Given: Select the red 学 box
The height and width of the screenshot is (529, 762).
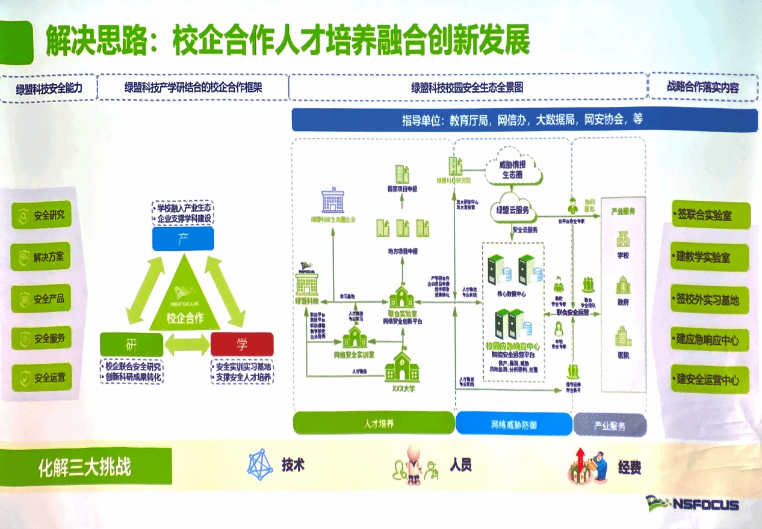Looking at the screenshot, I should (x=242, y=344).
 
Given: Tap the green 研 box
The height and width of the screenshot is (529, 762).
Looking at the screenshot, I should (x=131, y=344).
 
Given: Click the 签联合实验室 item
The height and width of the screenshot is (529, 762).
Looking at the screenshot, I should (x=710, y=215).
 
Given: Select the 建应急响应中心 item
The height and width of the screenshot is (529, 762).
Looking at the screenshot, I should (x=710, y=340).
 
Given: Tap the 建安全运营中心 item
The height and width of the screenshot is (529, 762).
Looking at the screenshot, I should (x=710, y=379).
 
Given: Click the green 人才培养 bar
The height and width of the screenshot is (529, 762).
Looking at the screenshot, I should (x=373, y=424).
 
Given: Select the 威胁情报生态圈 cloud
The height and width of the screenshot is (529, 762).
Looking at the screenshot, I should (x=512, y=169).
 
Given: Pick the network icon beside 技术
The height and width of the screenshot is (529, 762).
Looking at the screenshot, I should (x=260, y=465).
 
